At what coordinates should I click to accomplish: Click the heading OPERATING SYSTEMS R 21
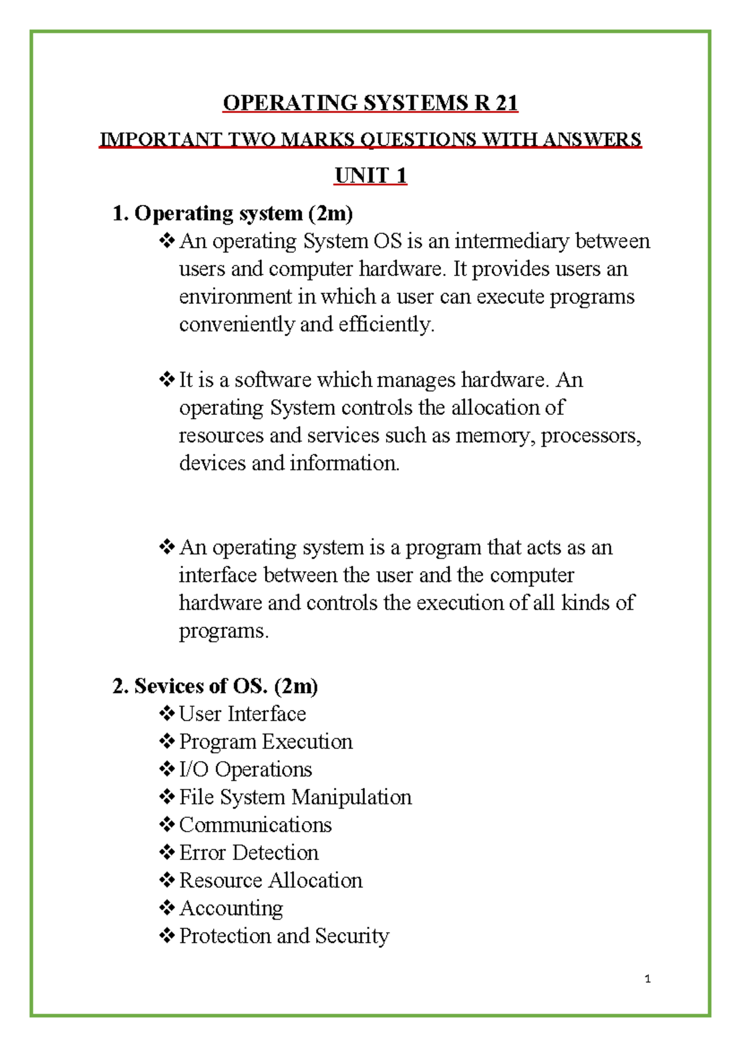(x=370, y=102)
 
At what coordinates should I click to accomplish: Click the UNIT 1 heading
(x=371, y=176)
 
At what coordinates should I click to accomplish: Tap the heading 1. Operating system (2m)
(x=232, y=214)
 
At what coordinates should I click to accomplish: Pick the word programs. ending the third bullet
(x=224, y=631)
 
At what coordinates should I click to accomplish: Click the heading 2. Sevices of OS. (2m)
(x=215, y=686)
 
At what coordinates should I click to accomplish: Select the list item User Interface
(x=242, y=714)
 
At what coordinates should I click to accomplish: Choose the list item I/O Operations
(x=245, y=770)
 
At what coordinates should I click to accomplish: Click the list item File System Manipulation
(x=295, y=798)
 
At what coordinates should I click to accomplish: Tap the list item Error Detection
(x=248, y=853)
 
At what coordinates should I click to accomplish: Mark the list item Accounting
(x=231, y=909)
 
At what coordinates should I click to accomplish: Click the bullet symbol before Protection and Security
(x=167, y=936)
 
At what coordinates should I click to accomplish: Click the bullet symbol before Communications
(x=167, y=825)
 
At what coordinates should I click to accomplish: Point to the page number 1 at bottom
(x=647, y=978)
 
